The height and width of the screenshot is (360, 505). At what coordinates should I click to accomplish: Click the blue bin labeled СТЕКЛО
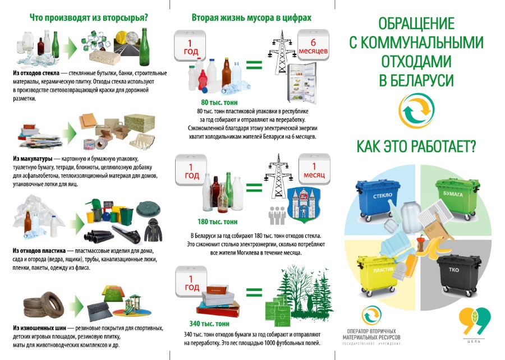(378, 200)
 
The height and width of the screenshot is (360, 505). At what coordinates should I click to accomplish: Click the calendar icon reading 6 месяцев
(313, 45)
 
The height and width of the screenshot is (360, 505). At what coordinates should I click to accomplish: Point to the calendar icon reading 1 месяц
(314, 169)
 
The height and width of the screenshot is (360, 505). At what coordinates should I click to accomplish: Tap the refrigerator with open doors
(302, 82)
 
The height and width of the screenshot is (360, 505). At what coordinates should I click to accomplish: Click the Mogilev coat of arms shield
(304, 205)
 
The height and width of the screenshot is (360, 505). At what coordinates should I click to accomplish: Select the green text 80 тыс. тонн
(219, 102)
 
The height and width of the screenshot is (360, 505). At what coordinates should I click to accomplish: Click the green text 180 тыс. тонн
(217, 221)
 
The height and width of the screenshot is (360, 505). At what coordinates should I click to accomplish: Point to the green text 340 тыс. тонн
(209, 324)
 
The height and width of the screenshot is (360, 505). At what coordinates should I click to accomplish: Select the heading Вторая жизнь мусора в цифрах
(251, 17)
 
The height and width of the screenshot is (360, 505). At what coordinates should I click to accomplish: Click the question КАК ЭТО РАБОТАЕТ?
(416, 146)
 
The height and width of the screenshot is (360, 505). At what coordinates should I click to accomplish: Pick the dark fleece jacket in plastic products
(153, 230)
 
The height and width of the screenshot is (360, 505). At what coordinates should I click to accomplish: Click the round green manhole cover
(148, 209)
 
